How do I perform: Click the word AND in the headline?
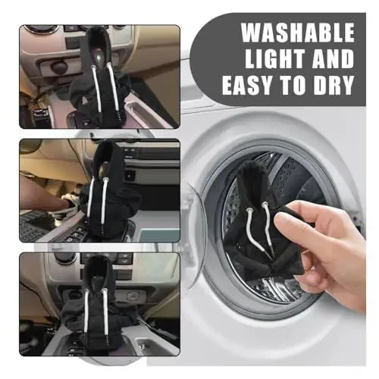327,59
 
